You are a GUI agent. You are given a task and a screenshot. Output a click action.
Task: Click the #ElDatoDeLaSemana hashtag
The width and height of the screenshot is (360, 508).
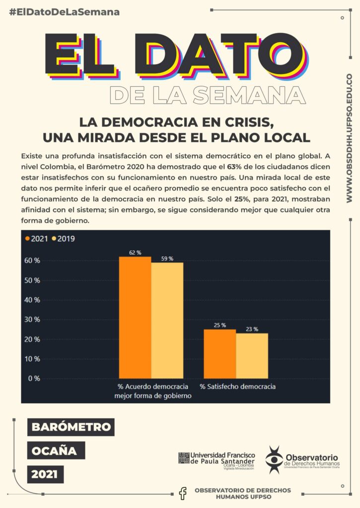65,12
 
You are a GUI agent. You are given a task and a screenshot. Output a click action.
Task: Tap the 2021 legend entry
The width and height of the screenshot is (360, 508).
37,239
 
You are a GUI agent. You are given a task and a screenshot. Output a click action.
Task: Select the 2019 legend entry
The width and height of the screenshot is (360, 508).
63,239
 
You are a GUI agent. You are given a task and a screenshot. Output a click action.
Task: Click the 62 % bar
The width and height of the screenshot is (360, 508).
135,317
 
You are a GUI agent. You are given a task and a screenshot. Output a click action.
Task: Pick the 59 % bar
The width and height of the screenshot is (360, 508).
167,320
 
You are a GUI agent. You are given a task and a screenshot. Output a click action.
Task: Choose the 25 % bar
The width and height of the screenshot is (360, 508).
220,354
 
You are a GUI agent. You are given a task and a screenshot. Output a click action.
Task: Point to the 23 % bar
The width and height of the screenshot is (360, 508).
252,356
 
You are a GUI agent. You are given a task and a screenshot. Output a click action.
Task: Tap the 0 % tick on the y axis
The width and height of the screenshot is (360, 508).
34,379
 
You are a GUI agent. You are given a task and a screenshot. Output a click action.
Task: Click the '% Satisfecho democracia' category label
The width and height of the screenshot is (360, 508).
237,386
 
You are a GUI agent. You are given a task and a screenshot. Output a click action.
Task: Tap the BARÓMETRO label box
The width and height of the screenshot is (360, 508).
71,427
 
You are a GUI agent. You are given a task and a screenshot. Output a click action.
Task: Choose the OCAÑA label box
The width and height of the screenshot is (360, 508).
55,450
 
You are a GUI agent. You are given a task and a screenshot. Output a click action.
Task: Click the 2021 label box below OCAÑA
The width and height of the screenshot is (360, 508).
45,474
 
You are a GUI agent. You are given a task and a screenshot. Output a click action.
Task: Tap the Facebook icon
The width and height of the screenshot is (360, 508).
183,493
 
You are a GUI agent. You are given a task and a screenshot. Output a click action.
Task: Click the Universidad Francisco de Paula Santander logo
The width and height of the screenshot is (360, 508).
216,459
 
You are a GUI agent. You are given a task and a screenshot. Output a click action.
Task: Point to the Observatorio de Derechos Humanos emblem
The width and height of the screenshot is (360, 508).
274,459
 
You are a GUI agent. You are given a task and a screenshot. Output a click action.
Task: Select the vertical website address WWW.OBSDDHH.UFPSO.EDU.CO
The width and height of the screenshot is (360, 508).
349,138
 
